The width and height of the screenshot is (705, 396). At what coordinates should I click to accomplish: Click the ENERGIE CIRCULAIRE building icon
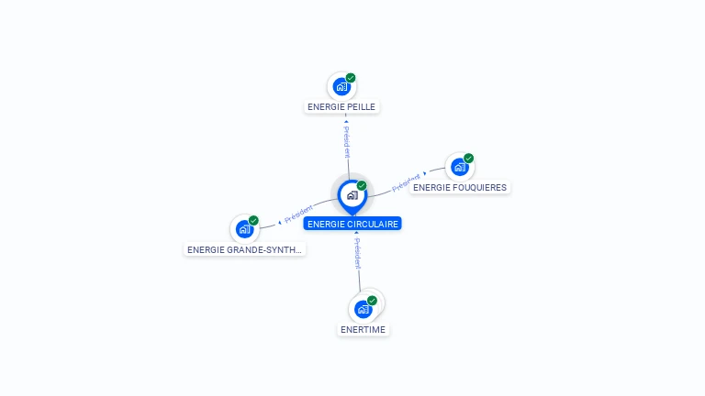[x=352, y=195]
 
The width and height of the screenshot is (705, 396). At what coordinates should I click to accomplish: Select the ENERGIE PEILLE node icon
[x=341, y=87]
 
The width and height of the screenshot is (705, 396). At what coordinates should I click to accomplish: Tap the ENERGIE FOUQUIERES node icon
[x=459, y=168]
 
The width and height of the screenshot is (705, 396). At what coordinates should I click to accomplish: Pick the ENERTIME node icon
[x=363, y=309]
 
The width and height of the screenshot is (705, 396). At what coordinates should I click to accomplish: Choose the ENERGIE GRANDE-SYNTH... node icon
[x=244, y=229]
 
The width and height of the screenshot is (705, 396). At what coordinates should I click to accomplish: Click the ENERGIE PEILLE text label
[x=342, y=106]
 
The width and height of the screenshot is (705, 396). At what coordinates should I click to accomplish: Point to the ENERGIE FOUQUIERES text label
[x=460, y=187]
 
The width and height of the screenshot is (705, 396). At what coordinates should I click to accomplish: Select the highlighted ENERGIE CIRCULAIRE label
[x=353, y=224]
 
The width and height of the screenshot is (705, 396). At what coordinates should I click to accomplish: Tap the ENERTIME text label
[x=363, y=329]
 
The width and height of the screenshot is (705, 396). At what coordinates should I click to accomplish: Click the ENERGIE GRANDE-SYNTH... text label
[x=244, y=249]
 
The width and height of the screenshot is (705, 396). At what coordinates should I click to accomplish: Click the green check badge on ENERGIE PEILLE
[x=351, y=78]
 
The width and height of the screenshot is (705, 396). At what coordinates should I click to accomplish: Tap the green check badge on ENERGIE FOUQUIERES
[x=468, y=159]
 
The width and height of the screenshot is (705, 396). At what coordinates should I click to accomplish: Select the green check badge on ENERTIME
[x=372, y=300]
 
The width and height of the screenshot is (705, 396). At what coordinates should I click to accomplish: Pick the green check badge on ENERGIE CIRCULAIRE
[x=362, y=185]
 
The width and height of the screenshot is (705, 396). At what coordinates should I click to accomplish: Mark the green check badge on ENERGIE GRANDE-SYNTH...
[x=253, y=220]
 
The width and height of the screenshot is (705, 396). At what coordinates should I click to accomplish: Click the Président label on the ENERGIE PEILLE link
[x=347, y=143]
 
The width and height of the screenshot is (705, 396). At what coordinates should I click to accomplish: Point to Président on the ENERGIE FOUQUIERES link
[x=405, y=181]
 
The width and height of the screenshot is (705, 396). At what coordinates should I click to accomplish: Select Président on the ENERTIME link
[x=357, y=253]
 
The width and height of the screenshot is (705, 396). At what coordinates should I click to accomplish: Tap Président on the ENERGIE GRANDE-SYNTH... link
[x=298, y=215]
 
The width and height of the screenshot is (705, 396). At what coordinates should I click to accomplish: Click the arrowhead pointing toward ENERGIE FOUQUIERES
[x=425, y=172]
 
